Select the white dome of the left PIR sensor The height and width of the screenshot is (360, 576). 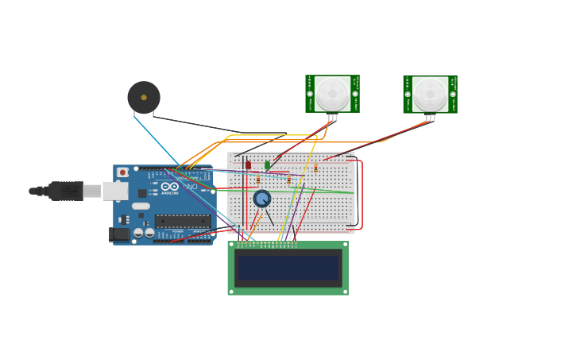tap(332, 93)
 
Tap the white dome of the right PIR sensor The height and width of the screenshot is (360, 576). tap(430, 93)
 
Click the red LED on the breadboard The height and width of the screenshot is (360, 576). tap(248, 165)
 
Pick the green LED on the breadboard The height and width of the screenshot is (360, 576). tap(267, 165)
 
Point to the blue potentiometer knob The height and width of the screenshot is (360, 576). tap(262, 199)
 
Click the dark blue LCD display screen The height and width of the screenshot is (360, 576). tap(288, 268)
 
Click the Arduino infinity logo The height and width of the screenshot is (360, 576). tap(170, 187)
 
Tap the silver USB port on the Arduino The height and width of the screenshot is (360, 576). tap(115, 191)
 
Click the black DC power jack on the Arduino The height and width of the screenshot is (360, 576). tap(119, 234)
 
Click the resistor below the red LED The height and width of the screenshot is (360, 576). tap(258, 180)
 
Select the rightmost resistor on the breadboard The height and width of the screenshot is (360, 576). tap(315, 168)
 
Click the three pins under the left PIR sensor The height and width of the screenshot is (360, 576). tap(332, 118)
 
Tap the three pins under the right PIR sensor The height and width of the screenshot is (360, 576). tap(430, 118)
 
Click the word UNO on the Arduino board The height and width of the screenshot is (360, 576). tap(191, 187)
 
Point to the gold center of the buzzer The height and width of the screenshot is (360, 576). tap(144, 97)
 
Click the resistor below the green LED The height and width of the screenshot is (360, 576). tap(289, 180)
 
